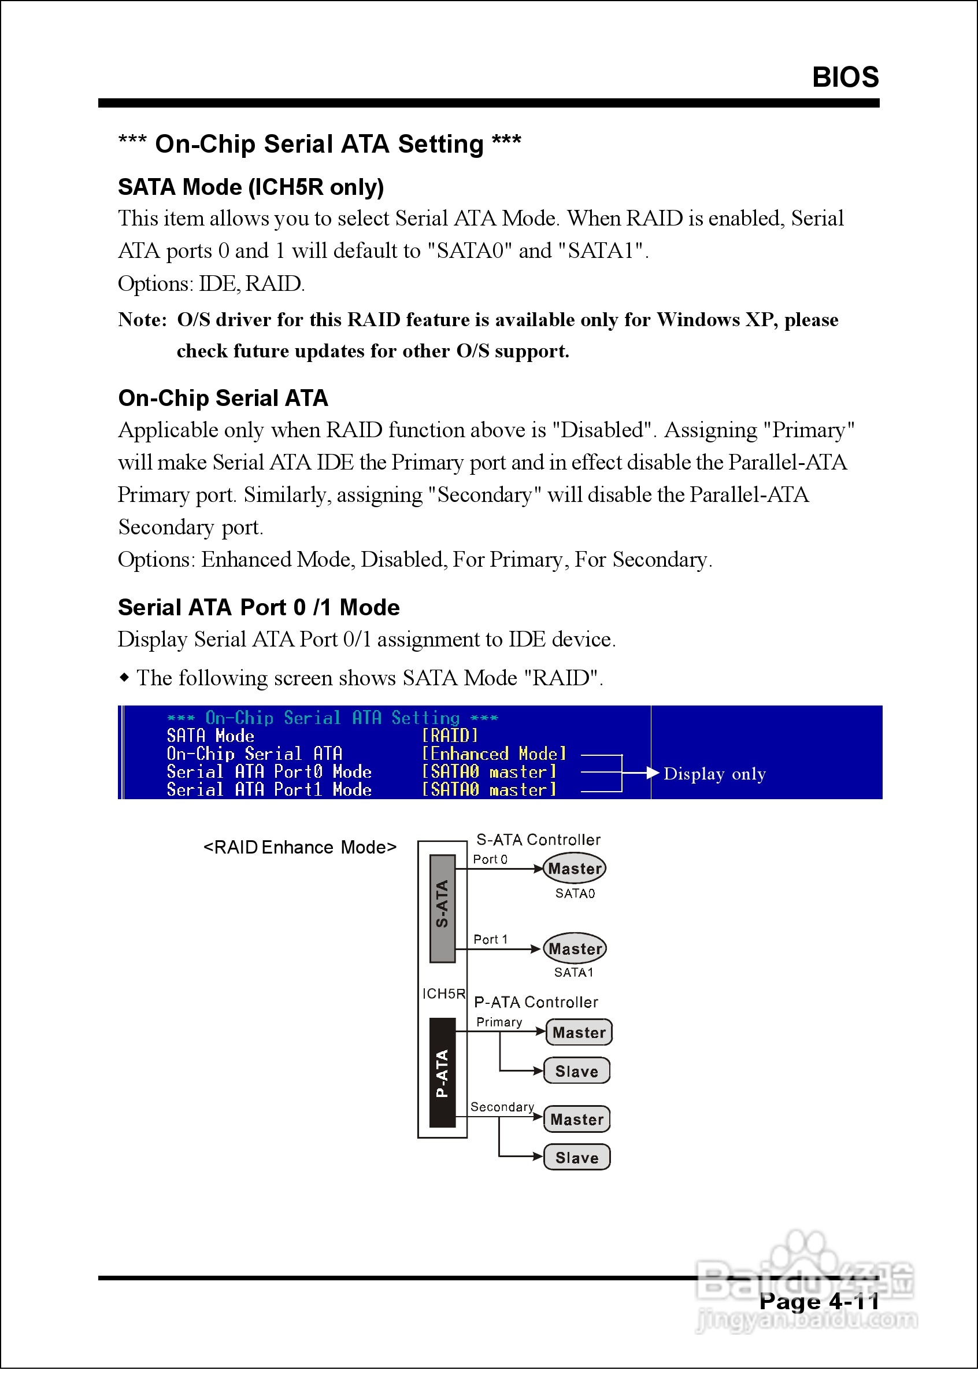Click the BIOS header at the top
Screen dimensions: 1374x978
click(845, 77)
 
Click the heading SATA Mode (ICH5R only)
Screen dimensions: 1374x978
click(250, 187)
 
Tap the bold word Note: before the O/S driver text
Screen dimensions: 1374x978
click(142, 319)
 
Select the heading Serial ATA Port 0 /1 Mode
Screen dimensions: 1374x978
click(258, 607)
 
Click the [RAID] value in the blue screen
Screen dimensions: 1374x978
click(450, 736)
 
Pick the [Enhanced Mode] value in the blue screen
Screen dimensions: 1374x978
click(494, 754)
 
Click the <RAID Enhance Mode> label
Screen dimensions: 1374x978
click(300, 848)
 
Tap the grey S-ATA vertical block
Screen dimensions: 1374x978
click(442, 908)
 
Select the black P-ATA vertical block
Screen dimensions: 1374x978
click(442, 1073)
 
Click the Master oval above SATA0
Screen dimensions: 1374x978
click(575, 869)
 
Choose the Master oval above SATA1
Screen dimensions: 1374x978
click(575, 949)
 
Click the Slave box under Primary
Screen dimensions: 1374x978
click(577, 1071)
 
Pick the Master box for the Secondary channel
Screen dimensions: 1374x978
click(577, 1119)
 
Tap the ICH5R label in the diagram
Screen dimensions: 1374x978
click(444, 993)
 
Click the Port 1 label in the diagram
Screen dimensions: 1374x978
click(490, 939)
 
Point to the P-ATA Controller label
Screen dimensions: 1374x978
click(536, 1002)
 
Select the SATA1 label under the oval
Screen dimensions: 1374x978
click(574, 972)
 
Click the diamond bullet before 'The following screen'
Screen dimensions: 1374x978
click(124, 678)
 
